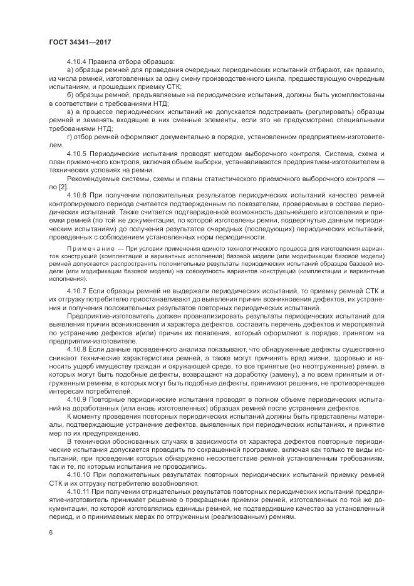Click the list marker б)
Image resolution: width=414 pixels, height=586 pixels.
(x=69, y=94)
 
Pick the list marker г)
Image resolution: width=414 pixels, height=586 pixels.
(x=68, y=136)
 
